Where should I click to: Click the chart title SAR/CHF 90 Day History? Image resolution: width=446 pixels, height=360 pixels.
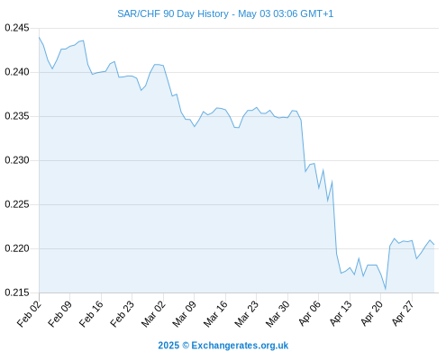pyautogui.click(x=173, y=13)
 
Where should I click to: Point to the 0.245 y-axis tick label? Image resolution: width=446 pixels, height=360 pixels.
pyautogui.click(x=17, y=28)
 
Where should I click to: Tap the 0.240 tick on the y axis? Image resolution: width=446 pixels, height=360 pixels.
pyautogui.click(x=17, y=72)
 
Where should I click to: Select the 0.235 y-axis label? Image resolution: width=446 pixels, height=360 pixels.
pyautogui.click(x=17, y=116)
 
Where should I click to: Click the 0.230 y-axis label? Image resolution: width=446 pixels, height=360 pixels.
pyautogui.click(x=17, y=160)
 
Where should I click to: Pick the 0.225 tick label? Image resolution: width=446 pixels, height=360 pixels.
pyautogui.click(x=17, y=204)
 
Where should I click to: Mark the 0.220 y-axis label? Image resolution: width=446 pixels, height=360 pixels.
pyautogui.click(x=17, y=248)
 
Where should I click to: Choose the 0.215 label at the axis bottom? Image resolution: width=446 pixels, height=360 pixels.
pyautogui.click(x=17, y=292)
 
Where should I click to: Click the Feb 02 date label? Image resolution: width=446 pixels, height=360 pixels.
pyautogui.click(x=29, y=314)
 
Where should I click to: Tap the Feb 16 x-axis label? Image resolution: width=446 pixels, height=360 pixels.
pyautogui.click(x=91, y=314)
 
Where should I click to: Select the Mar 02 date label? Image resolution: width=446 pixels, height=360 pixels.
pyautogui.click(x=153, y=314)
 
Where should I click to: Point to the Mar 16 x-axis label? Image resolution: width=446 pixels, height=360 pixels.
pyautogui.click(x=215, y=314)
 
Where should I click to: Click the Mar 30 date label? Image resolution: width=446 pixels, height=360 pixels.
pyautogui.click(x=278, y=314)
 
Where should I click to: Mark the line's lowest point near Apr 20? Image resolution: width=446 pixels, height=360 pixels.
pyautogui.click(x=386, y=289)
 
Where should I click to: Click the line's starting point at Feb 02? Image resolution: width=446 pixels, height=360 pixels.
pyautogui.click(x=39, y=37)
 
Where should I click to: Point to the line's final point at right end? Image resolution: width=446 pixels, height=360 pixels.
pyautogui.click(x=434, y=244)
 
